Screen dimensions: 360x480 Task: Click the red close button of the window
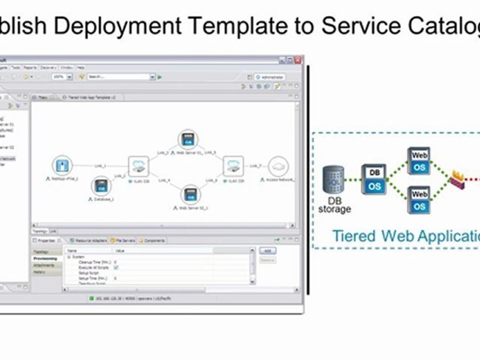tap(298, 60)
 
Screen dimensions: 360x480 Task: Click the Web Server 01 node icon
tap(188, 139)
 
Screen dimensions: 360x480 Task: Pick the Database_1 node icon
tap(101, 186)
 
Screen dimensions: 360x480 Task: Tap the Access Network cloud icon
tap(278, 166)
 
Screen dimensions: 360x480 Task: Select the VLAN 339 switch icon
tap(233, 165)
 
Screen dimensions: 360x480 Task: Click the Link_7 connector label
tap(255, 165)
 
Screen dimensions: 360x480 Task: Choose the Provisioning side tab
tap(45, 258)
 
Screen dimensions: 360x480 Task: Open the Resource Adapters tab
tap(90, 240)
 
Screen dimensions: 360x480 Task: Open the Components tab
tap(152, 240)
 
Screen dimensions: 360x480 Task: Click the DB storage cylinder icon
tap(333, 180)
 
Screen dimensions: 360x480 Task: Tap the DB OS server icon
tap(374, 179)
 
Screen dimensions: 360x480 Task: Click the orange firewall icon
tap(457, 179)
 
